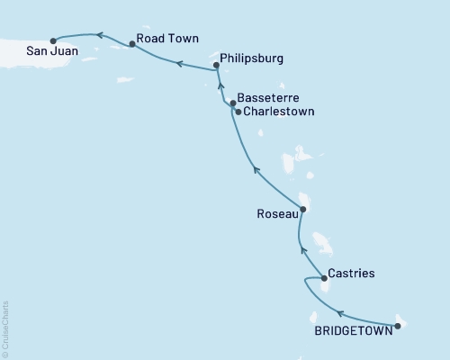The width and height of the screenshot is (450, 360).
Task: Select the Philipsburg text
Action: click(251, 58)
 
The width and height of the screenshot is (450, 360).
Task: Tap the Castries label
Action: click(351, 273)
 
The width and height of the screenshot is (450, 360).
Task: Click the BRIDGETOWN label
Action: click(353, 330)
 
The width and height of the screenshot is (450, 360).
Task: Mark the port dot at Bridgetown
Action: click(398, 326)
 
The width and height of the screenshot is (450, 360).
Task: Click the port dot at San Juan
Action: click(53, 40)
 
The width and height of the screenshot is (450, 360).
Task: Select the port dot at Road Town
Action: click(132, 42)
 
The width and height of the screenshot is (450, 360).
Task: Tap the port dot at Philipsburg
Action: click(216, 65)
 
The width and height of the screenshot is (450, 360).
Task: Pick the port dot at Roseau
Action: click(302, 210)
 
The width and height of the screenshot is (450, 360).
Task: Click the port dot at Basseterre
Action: click(232, 103)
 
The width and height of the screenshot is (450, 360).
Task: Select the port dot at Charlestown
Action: click(237, 112)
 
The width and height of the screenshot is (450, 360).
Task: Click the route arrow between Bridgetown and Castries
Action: click(339, 313)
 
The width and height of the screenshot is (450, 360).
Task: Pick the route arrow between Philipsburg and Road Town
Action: click(179, 64)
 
